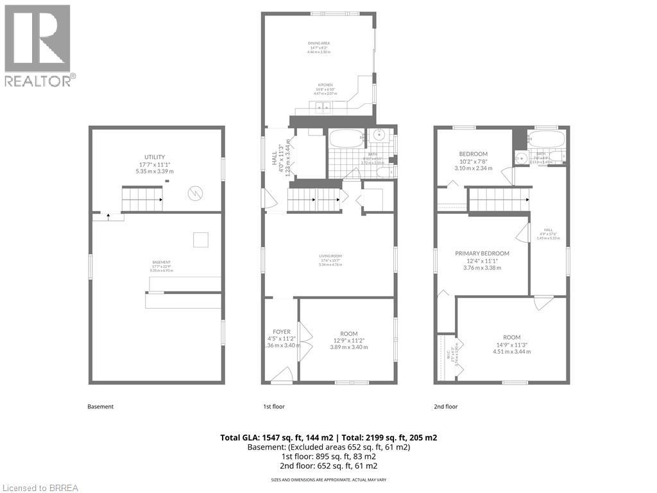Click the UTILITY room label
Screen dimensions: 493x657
(154, 157)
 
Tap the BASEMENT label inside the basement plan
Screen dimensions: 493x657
(161, 263)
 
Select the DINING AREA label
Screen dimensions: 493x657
(318, 43)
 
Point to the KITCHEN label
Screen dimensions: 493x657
(326, 85)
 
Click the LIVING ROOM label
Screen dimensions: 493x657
(330, 257)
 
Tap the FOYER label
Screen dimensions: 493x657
(282, 332)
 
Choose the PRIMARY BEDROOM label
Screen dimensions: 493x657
(482, 254)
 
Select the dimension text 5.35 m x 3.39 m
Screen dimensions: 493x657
(154, 171)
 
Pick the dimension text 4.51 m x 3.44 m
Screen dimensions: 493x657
(511, 351)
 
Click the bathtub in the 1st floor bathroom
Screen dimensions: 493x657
(346, 139)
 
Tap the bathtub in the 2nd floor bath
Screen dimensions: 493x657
(547, 139)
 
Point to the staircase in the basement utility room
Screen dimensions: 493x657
(142, 199)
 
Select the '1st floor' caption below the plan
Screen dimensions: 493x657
(274, 406)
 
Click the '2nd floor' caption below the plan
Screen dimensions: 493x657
(447, 406)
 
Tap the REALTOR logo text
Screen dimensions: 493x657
(40, 81)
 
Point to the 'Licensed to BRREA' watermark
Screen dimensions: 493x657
(40, 487)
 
